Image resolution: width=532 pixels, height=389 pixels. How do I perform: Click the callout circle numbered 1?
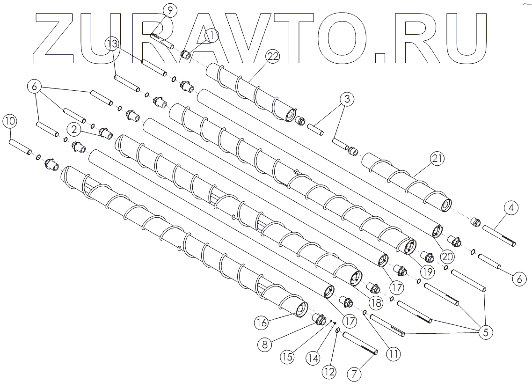[x=211, y=35]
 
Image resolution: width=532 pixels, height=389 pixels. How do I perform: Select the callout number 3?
[x=347, y=99]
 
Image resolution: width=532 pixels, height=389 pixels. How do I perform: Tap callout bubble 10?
[x=10, y=121]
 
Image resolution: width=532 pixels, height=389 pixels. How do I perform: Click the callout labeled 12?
[x=329, y=373]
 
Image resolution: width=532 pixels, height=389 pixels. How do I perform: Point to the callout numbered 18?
[x=376, y=303]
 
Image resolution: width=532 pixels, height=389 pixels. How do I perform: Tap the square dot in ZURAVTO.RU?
[x=381, y=57]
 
